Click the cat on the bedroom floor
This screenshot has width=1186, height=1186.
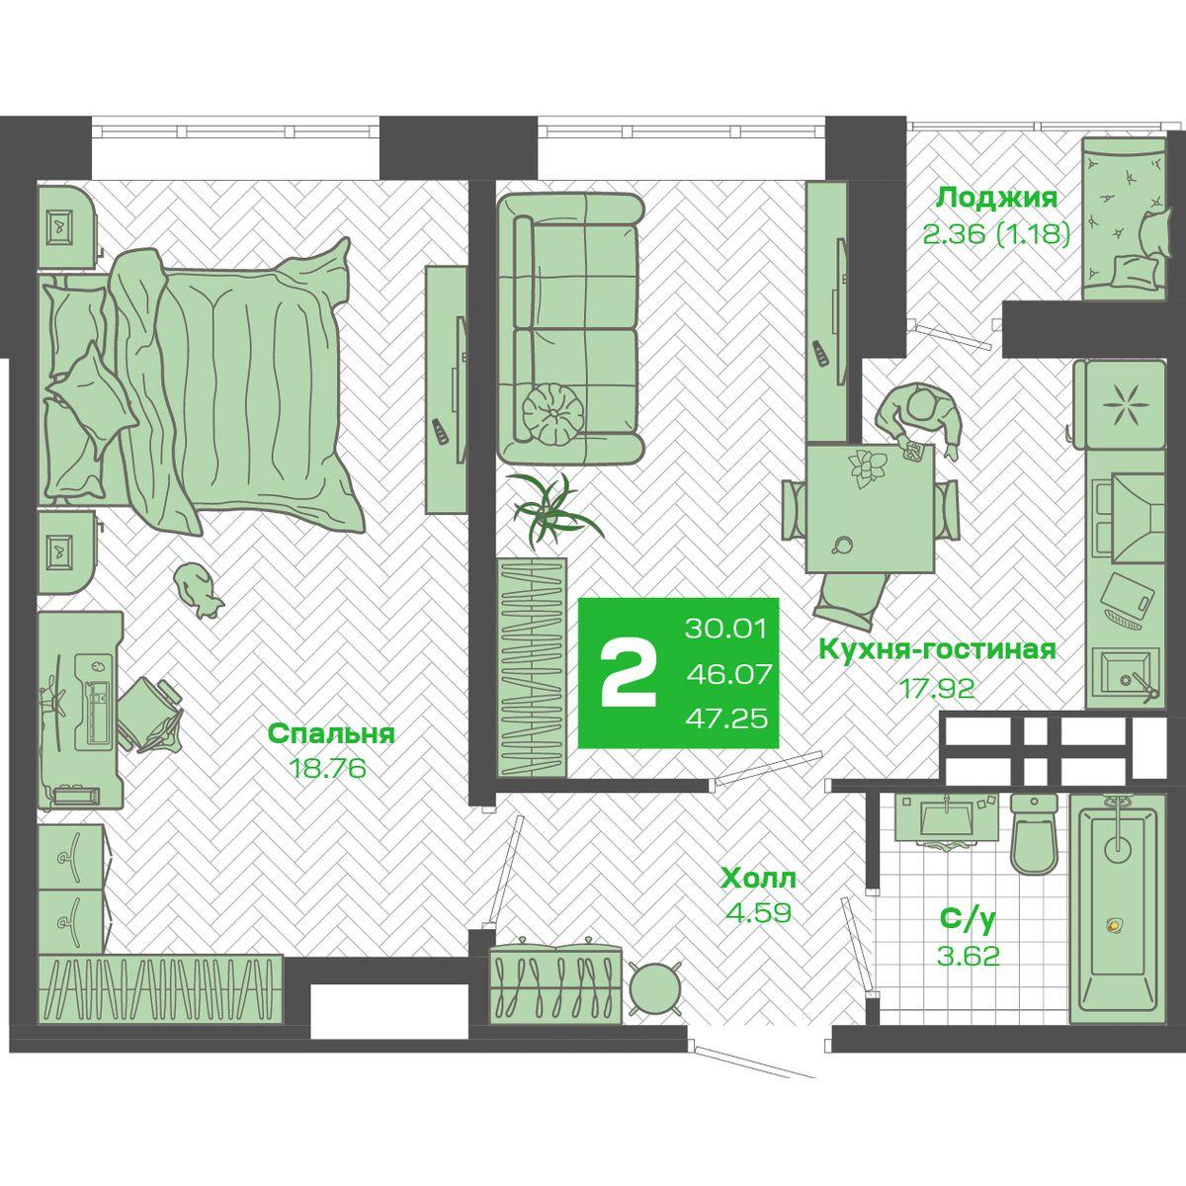coord(197,590)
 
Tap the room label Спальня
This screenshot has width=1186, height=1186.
coord(331,734)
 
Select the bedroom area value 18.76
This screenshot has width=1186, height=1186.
coord(330,768)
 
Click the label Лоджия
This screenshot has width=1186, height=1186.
coord(996,200)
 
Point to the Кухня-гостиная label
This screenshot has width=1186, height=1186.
coord(937,650)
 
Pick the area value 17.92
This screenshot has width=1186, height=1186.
coord(938,688)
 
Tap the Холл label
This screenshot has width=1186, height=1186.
coord(758,879)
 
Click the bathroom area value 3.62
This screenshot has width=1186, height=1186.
coord(969,956)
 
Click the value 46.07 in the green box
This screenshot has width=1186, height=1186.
coord(728,675)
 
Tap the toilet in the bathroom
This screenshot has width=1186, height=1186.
coord(1035,832)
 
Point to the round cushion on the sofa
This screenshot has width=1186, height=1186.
coord(552,413)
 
